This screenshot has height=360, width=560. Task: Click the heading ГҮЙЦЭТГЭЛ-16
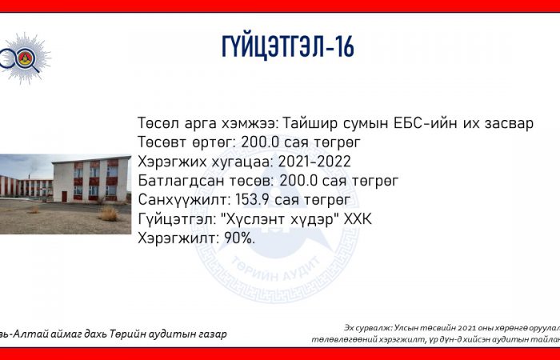(x=288, y=46)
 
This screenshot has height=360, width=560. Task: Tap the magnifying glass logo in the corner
(x=23, y=58)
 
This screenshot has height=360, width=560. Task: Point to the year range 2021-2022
(x=314, y=162)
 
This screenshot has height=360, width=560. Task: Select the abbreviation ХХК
(x=358, y=219)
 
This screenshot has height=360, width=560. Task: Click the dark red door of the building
(x=64, y=197)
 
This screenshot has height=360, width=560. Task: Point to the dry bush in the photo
(x=108, y=214)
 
